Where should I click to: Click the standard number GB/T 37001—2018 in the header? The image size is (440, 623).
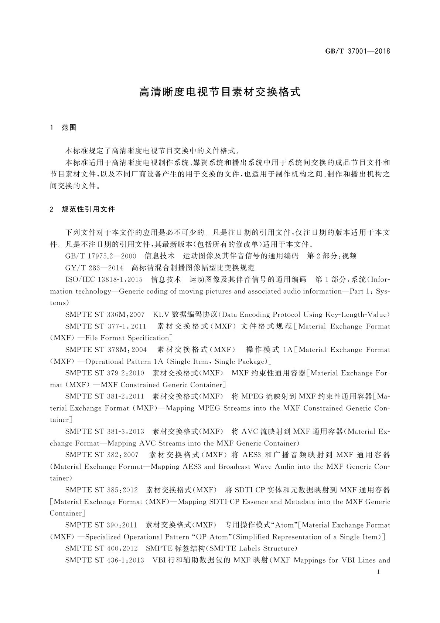(357, 51)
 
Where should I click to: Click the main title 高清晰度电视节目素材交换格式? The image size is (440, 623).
(220, 92)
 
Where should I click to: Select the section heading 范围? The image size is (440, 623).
(69, 128)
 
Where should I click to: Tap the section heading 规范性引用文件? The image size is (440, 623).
(89, 209)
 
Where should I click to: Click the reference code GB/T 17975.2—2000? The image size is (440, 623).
(100, 256)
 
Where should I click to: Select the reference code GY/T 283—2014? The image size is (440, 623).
(94, 268)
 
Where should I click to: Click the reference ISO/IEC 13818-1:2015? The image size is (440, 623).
(104, 279)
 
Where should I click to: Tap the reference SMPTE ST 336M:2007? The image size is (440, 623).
(105, 315)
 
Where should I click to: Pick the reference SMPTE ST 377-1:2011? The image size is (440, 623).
(106, 326)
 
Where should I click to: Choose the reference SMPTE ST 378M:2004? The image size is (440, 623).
(106, 350)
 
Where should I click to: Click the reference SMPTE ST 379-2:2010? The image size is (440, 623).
(105, 373)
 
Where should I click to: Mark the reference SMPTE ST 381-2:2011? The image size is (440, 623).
(105, 397)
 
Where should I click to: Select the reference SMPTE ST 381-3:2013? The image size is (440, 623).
(105, 431)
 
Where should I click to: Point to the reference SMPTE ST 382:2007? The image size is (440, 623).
(102, 455)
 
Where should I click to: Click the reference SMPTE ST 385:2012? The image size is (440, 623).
(101, 490)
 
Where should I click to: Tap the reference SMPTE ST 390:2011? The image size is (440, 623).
(101, 525)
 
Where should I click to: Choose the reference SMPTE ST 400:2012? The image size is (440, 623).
(101, 548)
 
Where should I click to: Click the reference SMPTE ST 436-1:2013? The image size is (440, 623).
(105, 560)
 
